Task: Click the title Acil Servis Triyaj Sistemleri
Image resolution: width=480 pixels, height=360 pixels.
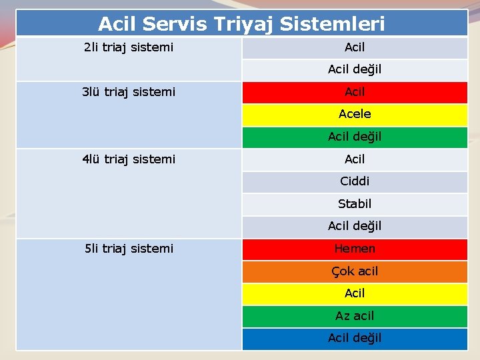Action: [241, 25]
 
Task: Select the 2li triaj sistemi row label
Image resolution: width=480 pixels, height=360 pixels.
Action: [129, 47]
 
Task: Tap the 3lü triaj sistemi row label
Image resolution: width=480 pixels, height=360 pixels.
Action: [129, 92]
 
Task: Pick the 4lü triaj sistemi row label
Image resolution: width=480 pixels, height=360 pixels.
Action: [129, 159]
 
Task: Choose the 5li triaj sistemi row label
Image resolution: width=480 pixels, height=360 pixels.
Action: [129, 249]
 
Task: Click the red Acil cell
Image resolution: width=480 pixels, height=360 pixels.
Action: [355, 92]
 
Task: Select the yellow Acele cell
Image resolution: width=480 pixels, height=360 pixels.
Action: [355, 114]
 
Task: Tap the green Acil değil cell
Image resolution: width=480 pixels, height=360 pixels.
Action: [355, 137]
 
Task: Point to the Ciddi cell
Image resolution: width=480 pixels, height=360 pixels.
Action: [355, 181]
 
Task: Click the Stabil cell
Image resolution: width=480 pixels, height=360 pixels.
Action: [355, 204]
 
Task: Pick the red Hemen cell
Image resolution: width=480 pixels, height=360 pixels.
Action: [355, 249]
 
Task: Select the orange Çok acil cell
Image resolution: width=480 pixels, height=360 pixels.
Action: [355, 271]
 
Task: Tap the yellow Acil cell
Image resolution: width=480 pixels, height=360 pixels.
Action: [355, 293]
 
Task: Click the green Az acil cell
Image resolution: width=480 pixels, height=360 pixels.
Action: [355, 316]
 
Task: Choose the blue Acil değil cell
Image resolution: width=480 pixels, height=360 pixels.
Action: [355, 338]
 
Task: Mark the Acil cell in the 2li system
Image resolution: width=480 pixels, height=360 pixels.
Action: [355, 47]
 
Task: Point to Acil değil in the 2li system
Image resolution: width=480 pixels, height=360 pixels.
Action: [355, 69]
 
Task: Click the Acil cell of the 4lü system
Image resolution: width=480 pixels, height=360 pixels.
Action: [355, 159]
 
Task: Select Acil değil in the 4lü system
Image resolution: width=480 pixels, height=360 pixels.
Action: [355, 226]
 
